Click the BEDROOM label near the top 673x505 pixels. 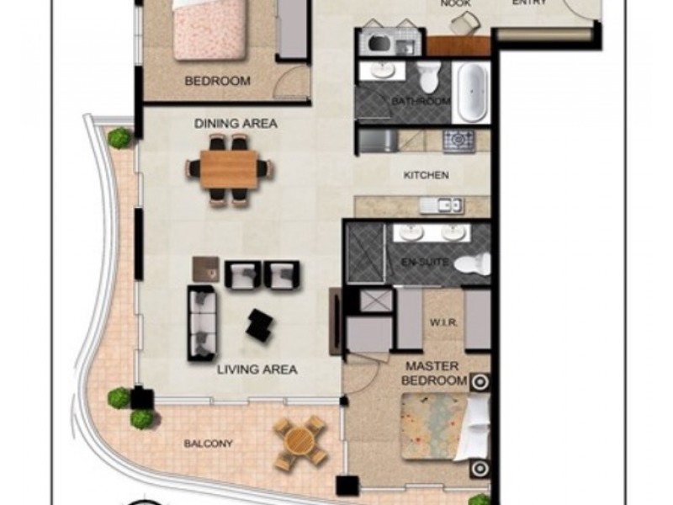(x=217, y=82)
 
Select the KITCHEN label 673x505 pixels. (x=427, y=176)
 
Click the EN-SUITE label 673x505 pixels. (x=420, y=263)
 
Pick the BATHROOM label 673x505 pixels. (x=421, y=102)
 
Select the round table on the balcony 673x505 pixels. (x=300, y=442)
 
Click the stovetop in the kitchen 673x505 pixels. (x=459, y=140)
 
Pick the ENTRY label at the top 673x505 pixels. (x=530, y=3)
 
